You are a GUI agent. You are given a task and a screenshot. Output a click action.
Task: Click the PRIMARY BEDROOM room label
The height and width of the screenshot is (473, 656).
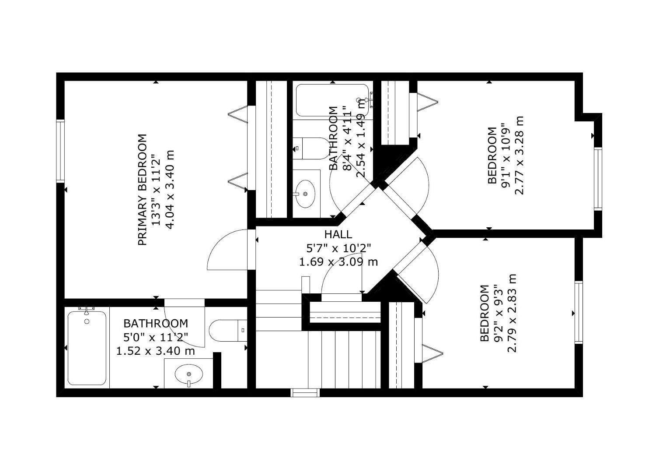[x=143, y=190]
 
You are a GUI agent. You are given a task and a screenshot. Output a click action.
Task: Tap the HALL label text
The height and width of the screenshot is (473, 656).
[x=338, y=234]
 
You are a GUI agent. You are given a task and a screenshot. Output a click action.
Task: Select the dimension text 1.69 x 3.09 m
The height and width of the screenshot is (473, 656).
[x=338, y=262]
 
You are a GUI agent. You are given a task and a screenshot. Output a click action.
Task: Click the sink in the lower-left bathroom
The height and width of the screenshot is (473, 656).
[x=188, y=375]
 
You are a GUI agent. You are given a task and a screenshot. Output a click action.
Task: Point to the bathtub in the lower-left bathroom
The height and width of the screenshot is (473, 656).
[x=87, y=348]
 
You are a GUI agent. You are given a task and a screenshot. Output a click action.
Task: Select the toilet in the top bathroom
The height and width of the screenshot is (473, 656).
[x=311, y=148]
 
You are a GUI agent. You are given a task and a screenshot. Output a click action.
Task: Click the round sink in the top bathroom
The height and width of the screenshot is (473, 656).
[x=305, y=193]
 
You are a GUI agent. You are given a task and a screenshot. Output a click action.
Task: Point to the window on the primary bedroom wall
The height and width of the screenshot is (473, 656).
[x=60, y=151]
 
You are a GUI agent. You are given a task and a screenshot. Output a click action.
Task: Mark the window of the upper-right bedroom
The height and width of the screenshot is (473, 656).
[x=598, y=179]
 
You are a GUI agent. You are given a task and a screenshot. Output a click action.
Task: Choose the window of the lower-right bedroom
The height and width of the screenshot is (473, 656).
[x=579, y=312]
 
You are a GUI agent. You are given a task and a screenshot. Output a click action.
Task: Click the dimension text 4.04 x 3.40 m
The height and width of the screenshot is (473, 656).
[x=171, y=190]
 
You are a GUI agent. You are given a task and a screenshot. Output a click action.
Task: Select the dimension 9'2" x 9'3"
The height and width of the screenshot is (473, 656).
[x=499, y=313]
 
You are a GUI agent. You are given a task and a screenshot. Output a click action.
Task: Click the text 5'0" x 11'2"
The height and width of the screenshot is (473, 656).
[x=156, y=337]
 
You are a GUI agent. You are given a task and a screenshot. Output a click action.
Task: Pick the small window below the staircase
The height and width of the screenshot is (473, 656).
[x=305, y=393]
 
